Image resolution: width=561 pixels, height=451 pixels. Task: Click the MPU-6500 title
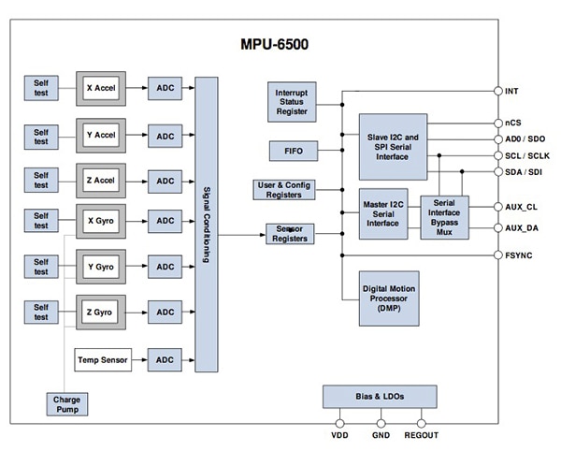click(280, 44)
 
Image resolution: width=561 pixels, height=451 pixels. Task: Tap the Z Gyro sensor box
click(100, 312)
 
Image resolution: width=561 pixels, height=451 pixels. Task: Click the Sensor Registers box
click(290, 233)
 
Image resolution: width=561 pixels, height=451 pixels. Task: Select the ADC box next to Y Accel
click(165, 137)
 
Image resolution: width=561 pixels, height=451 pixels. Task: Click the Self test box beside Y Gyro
click(41, 266)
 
